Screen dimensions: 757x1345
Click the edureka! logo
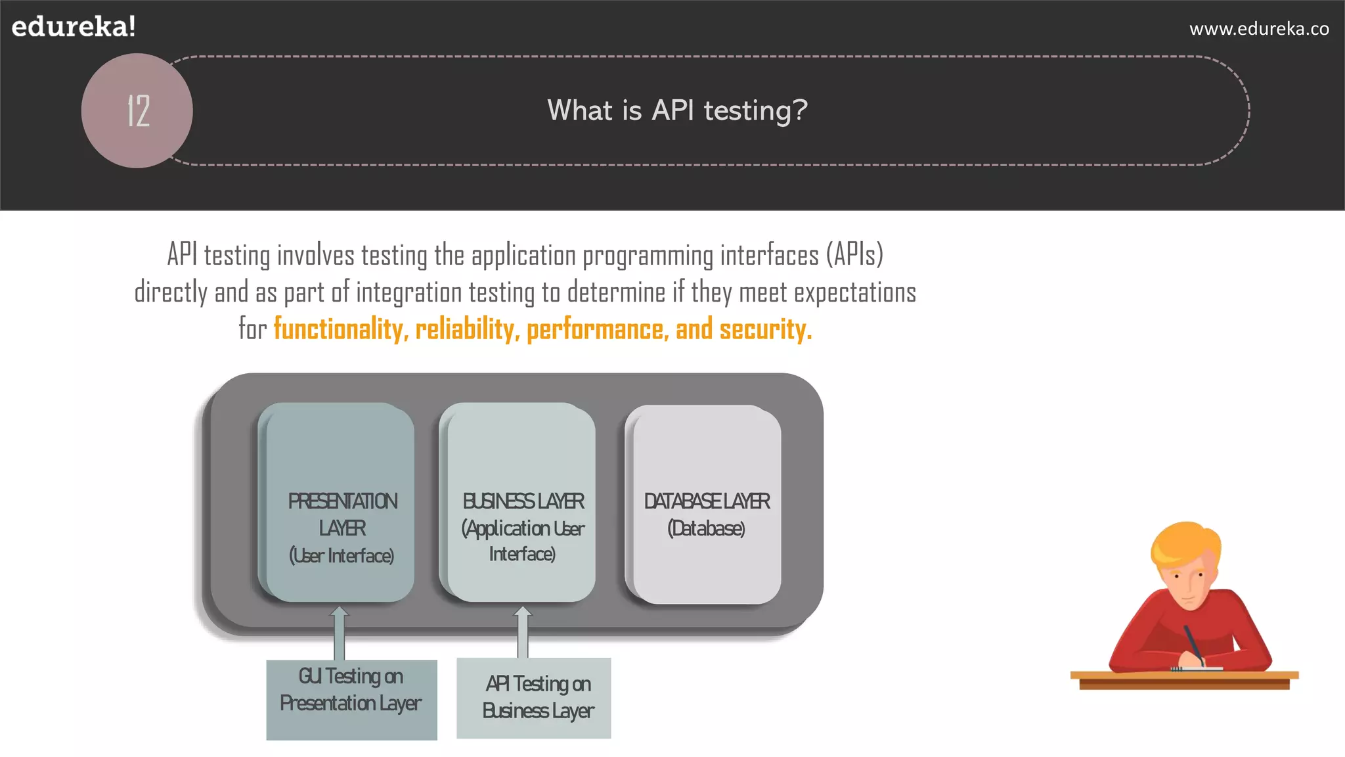(74, 27)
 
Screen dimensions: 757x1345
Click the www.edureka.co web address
(1259, 29)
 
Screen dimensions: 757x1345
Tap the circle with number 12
(137, 110)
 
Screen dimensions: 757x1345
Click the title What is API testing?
(677, 110)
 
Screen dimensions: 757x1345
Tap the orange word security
(765, 329)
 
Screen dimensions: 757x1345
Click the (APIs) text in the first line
(854, 255)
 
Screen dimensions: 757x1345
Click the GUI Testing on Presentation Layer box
(351, 700)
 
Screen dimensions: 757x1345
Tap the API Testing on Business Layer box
(534, 698)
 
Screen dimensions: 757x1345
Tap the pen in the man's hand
(1194, 643)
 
